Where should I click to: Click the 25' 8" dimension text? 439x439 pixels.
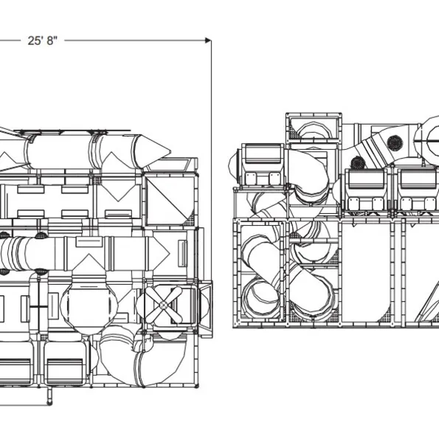[x=42, y=41]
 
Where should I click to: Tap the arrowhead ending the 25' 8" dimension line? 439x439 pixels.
[x=208, y=41]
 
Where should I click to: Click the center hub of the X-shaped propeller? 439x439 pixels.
[x=164, y=305]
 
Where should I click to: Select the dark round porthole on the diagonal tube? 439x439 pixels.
[x=395, y=142]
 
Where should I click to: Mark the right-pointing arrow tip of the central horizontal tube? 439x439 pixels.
[x=169, y=254]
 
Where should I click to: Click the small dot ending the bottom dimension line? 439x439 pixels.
[x=49, y=404]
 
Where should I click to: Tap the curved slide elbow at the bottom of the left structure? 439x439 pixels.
[x=143, y=359]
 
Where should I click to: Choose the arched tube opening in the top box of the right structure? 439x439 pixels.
[x=314, y=129]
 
